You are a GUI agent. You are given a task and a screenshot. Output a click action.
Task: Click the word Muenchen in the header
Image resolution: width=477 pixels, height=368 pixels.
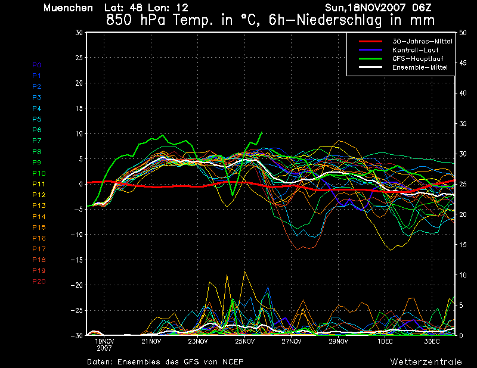[x=68, y=8]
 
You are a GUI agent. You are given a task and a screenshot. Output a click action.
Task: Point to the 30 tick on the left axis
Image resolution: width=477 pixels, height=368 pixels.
[x=79, y=33]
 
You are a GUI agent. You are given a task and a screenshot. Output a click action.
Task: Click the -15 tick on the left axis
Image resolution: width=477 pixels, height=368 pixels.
[x=77, y=260]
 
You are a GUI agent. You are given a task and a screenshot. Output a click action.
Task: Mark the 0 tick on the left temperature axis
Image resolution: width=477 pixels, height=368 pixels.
[x=80, y=184]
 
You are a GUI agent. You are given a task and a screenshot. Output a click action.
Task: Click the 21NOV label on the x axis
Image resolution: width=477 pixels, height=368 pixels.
[x=151, y=341]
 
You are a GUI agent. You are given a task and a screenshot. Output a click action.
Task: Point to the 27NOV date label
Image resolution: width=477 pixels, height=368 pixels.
[x=292, y=341]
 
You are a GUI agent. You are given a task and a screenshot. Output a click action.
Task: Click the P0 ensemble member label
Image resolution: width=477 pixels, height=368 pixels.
[x=37, y=65]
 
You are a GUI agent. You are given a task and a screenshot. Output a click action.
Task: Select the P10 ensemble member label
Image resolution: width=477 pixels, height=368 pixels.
[x=39, y=173]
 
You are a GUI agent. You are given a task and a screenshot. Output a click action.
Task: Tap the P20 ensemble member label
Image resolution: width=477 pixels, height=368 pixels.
[x=39, y=282]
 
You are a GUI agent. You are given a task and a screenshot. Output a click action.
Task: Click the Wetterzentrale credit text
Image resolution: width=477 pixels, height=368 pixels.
[x=426, y=361]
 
